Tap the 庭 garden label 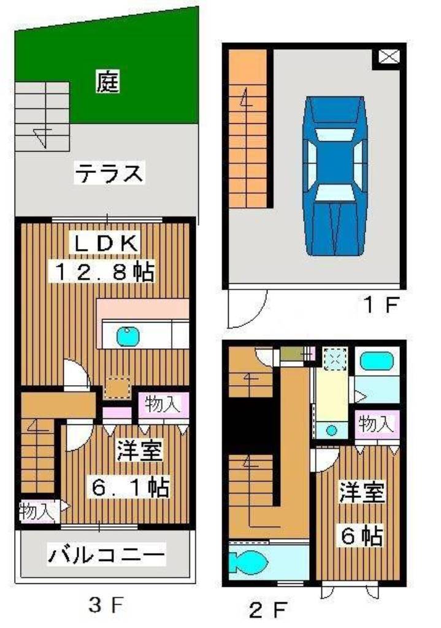(x=107, y=82)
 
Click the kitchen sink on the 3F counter (x=128, y=335)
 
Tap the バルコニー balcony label (x=107, y=556)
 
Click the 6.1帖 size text (x=129, y=488)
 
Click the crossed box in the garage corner (x=388, y=58)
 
